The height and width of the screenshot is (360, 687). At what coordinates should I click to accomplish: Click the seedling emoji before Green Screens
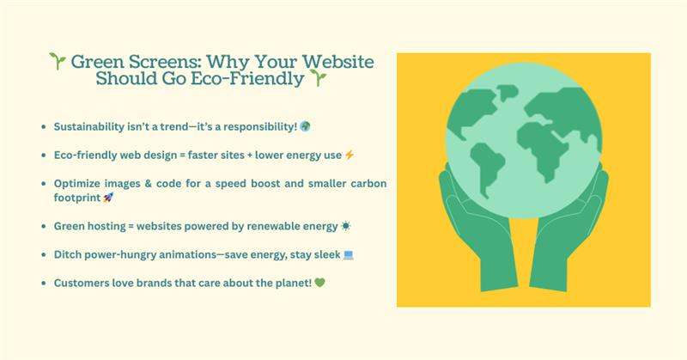click(x=58, y=62)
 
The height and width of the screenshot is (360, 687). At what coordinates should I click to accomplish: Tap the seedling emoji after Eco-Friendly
click(x=319, y=79)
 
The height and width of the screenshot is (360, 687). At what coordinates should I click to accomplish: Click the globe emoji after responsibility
click(x=305, y=127)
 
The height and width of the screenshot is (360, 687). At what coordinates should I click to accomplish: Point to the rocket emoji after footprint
click(x=107, y=197)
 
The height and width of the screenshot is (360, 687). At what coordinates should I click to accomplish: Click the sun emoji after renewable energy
click(x=345, y=225)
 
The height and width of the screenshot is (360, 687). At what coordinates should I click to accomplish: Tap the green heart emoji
click(x=297, y=282)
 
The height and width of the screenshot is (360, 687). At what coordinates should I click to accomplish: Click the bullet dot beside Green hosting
click(x=43, y=225)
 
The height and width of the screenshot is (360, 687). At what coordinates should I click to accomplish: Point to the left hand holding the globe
click(x=468, y=232)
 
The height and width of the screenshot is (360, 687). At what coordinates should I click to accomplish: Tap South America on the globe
click(x=487, y=168)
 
